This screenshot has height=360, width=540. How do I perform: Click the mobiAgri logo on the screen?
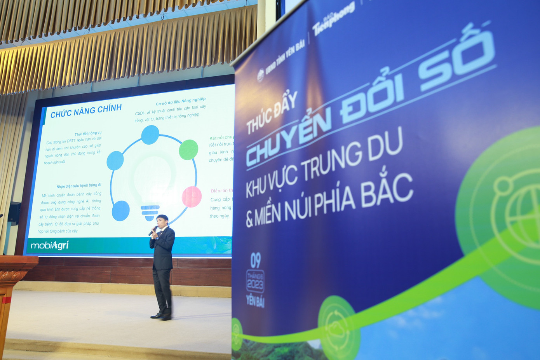(x=49, y=245)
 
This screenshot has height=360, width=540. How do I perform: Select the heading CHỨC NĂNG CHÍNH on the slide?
(x=86, y=110)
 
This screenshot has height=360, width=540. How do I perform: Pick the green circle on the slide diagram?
(x=188, y=150)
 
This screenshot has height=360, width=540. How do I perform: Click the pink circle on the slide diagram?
(x=192, y=196)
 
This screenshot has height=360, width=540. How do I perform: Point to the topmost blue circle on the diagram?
(x=150, y=135)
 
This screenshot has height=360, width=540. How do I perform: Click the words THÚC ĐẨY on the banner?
(x=272, y=113)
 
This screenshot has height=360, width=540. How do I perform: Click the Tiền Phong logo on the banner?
(x=333, y=19)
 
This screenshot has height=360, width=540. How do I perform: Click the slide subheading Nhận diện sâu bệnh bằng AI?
(x=78, y=186)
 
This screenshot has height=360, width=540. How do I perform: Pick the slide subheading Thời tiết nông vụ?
(x=88, y=133)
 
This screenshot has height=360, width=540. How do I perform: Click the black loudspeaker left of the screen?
(x=14, y=213)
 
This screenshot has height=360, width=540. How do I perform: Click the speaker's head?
(x=162, y=220)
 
